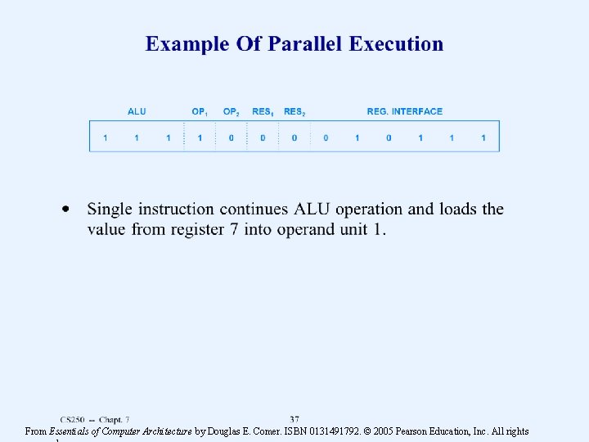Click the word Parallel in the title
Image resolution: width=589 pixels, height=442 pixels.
pos(302,44)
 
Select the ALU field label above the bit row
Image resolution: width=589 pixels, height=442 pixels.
pos(137,111)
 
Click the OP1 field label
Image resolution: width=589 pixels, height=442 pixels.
pos(200,111)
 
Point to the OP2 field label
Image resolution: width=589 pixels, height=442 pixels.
pos(232,111)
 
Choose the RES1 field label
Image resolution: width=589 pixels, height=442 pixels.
pos(263,111)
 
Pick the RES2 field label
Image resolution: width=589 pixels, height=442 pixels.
pos(294,111)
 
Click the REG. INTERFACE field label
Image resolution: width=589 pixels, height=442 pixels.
pos(404,111)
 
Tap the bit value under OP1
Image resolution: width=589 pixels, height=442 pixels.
pos(200,138)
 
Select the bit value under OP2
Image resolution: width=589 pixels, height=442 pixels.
pos(232,138)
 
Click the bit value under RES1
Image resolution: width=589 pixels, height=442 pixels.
pos(263,138)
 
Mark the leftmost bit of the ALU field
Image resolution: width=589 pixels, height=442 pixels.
pos(105,138)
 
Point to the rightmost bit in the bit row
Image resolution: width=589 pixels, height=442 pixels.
pos(483,138)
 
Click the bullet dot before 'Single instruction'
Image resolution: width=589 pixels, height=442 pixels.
pos(67,210)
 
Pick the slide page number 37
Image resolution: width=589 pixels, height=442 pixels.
pos(294,419)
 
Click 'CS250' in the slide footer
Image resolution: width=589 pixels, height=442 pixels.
pos(72,420)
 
